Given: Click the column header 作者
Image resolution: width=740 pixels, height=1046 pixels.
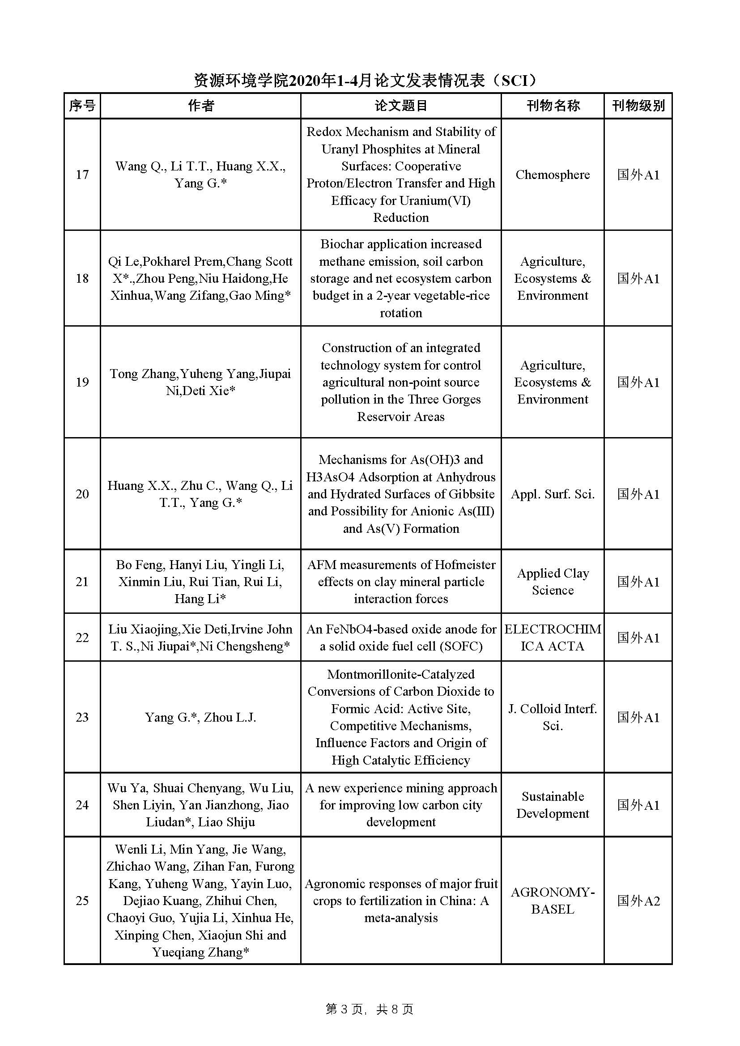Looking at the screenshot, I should point(200,106).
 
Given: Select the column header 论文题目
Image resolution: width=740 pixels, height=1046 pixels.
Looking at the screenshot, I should point(400,106).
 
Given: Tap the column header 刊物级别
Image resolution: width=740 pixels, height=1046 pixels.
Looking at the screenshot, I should point(638,106).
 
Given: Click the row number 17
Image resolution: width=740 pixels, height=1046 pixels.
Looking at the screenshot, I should point(82,174).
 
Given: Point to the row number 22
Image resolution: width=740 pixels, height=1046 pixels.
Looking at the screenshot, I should point(82,638).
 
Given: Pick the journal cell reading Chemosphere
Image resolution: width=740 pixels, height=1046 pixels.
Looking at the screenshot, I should point(552,174).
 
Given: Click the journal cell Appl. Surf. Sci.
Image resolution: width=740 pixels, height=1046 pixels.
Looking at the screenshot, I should point(552,494).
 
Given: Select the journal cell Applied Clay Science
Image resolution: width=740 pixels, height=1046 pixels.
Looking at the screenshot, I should point(552,581).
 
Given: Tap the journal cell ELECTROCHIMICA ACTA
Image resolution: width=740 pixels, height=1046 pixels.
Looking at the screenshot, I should point(552,638).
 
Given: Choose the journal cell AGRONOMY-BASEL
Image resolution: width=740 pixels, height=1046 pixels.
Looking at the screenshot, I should point(552,900).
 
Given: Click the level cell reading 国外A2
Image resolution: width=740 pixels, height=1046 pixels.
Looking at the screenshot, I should point(638,901).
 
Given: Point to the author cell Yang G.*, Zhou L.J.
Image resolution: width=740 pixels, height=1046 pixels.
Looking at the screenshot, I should point(200,717).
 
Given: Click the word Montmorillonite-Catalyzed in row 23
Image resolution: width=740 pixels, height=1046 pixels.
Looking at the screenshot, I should point(400,674).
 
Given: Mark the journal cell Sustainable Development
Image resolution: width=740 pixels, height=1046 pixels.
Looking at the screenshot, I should point(552,804).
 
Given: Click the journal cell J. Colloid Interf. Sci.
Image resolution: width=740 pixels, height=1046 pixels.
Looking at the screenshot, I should point(552,717).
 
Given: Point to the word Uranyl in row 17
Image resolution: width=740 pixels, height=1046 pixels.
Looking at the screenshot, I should point(340,149).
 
